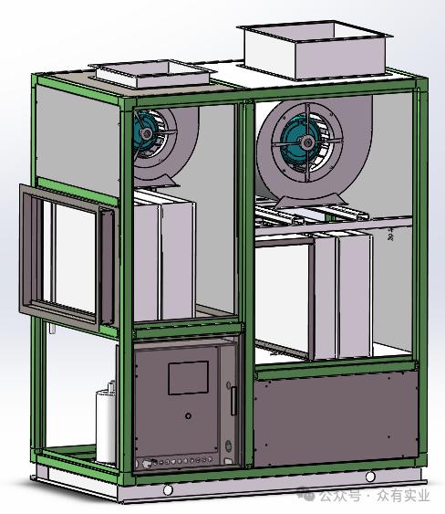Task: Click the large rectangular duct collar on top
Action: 315,52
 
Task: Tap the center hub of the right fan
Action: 307,142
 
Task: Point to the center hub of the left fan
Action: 147,133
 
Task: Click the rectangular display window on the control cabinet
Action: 188,378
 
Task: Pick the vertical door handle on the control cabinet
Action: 233,401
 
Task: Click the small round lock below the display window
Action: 188,416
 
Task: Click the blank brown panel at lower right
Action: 336,419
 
